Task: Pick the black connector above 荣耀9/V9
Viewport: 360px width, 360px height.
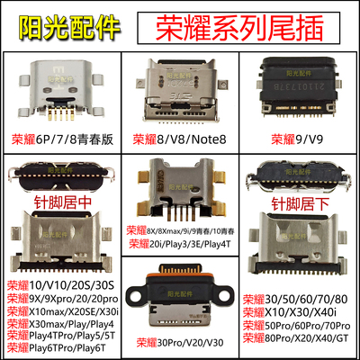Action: coord(301,90)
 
